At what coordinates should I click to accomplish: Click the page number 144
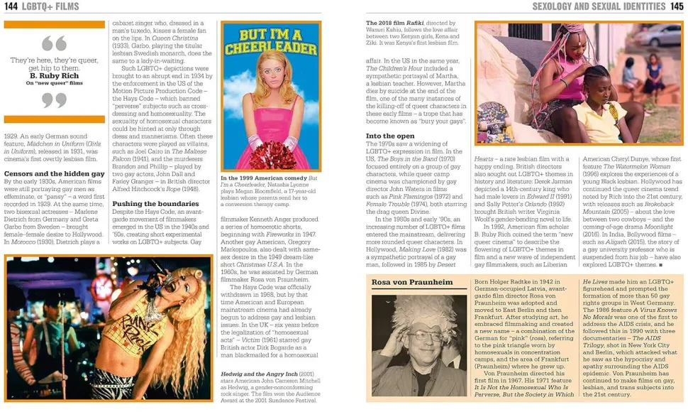12,6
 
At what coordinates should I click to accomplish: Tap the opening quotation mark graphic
54,43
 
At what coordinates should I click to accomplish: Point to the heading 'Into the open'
390,136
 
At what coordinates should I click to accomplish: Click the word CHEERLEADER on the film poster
272,49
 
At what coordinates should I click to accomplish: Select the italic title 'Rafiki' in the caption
420,23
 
